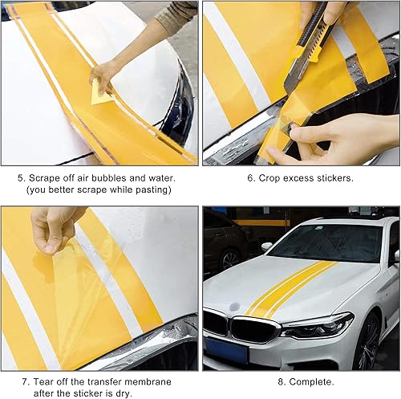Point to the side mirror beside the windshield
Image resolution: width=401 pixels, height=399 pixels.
(x=266, y=246)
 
